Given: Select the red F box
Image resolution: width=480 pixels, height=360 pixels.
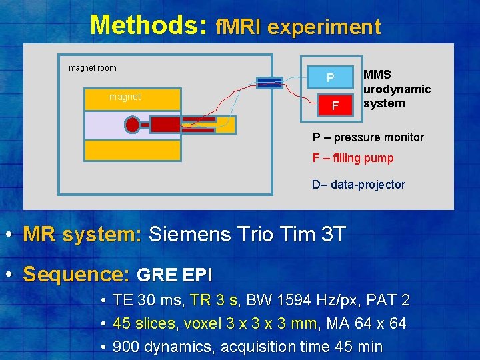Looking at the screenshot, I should (x=335, y=105).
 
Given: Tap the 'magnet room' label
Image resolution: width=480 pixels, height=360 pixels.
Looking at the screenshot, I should (x=93, y=67).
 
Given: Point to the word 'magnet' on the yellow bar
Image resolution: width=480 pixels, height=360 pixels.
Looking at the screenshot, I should (x=125, y=97).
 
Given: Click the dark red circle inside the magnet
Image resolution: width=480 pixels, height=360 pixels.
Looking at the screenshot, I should (x=133, y=125).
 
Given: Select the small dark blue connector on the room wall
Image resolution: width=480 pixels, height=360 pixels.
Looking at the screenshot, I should (x=269, y=83).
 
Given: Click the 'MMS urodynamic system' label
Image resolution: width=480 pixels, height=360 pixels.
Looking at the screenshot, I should (x=397, y=89).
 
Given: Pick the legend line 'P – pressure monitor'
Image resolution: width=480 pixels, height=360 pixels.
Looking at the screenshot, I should (x=368, y=137).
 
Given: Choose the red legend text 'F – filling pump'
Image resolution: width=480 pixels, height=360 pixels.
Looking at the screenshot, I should (x=353, y=158).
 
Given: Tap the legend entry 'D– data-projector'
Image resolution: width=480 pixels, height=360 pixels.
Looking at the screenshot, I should (x=359, y=185).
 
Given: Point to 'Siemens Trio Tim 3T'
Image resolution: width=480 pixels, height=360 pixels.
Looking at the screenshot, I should (x=247, y=235).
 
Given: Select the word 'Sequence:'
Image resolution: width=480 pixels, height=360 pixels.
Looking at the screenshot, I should (x=76, y=275).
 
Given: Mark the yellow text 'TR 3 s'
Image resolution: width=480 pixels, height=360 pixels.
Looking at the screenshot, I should (x=213, y=300).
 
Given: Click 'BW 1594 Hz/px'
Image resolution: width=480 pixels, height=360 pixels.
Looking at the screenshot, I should (x=294, y=300).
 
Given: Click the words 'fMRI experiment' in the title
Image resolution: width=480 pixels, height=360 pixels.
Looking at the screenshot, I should (x=298, y=27).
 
